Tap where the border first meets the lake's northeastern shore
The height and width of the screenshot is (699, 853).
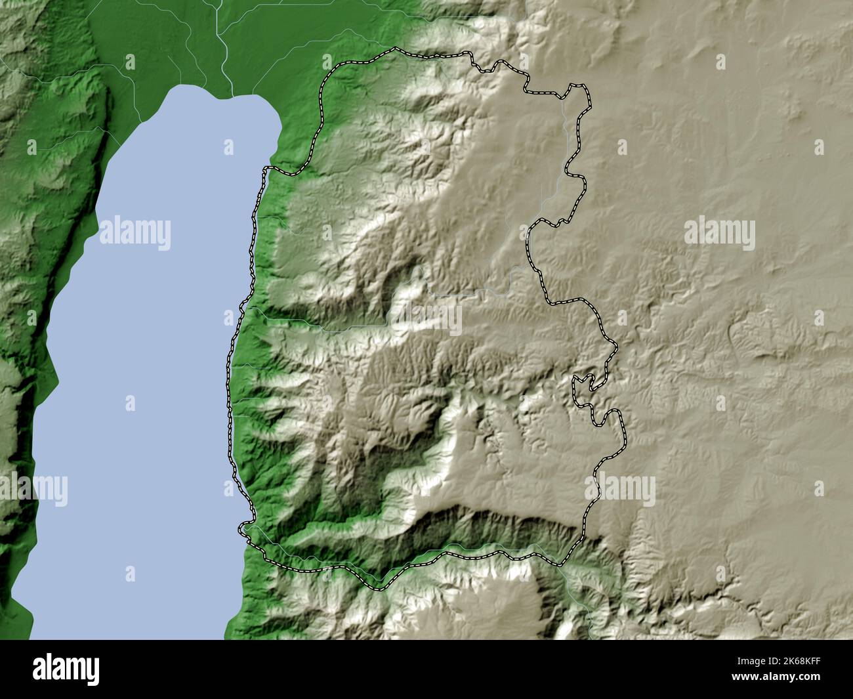coord(266,169)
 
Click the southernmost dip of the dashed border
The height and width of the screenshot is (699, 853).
coord(377,587)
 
